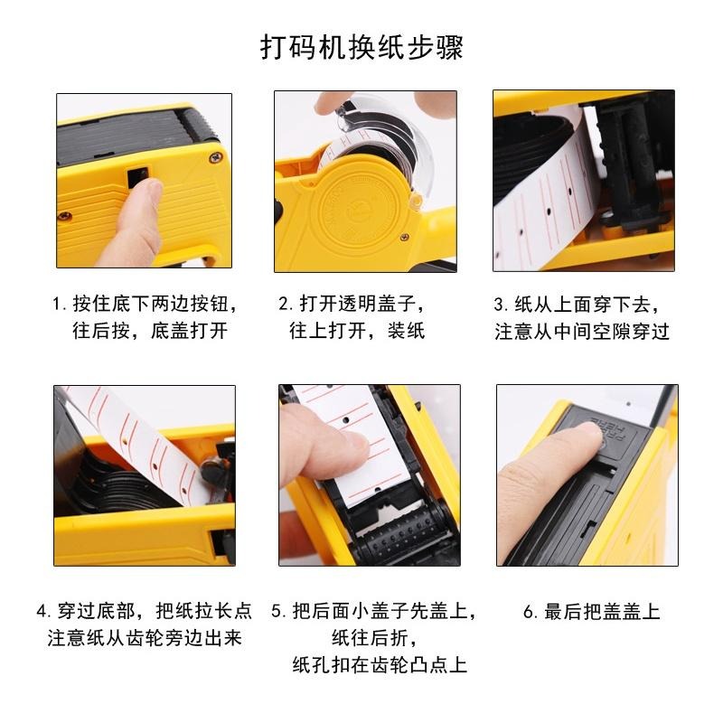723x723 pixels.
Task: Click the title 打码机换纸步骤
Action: [361, 46]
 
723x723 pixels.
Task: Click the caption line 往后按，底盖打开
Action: [150, 331]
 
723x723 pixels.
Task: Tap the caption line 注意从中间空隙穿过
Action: [582, 331]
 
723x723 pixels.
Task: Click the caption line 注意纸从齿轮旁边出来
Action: [145, 638]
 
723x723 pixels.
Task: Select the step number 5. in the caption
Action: [278, 611]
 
